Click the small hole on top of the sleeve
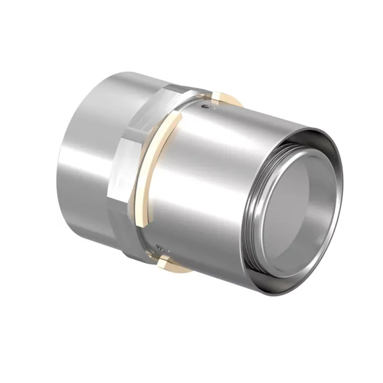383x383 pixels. pyautogui.click(x=205, y=107)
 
